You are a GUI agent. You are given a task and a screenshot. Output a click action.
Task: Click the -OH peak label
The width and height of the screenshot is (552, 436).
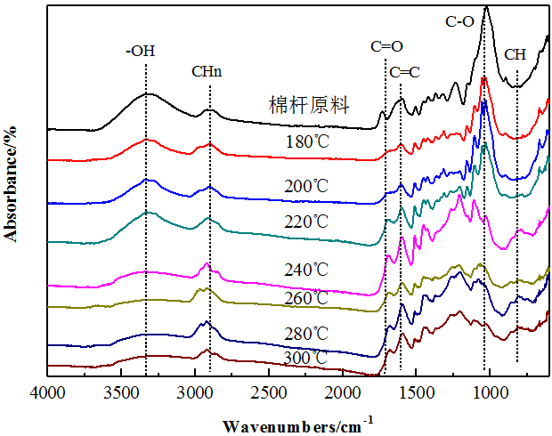coord(141,52)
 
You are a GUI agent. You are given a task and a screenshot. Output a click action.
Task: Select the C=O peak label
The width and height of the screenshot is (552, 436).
coord(386,47)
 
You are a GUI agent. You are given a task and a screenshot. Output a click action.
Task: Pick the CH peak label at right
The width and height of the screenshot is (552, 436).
coord(515,54)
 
